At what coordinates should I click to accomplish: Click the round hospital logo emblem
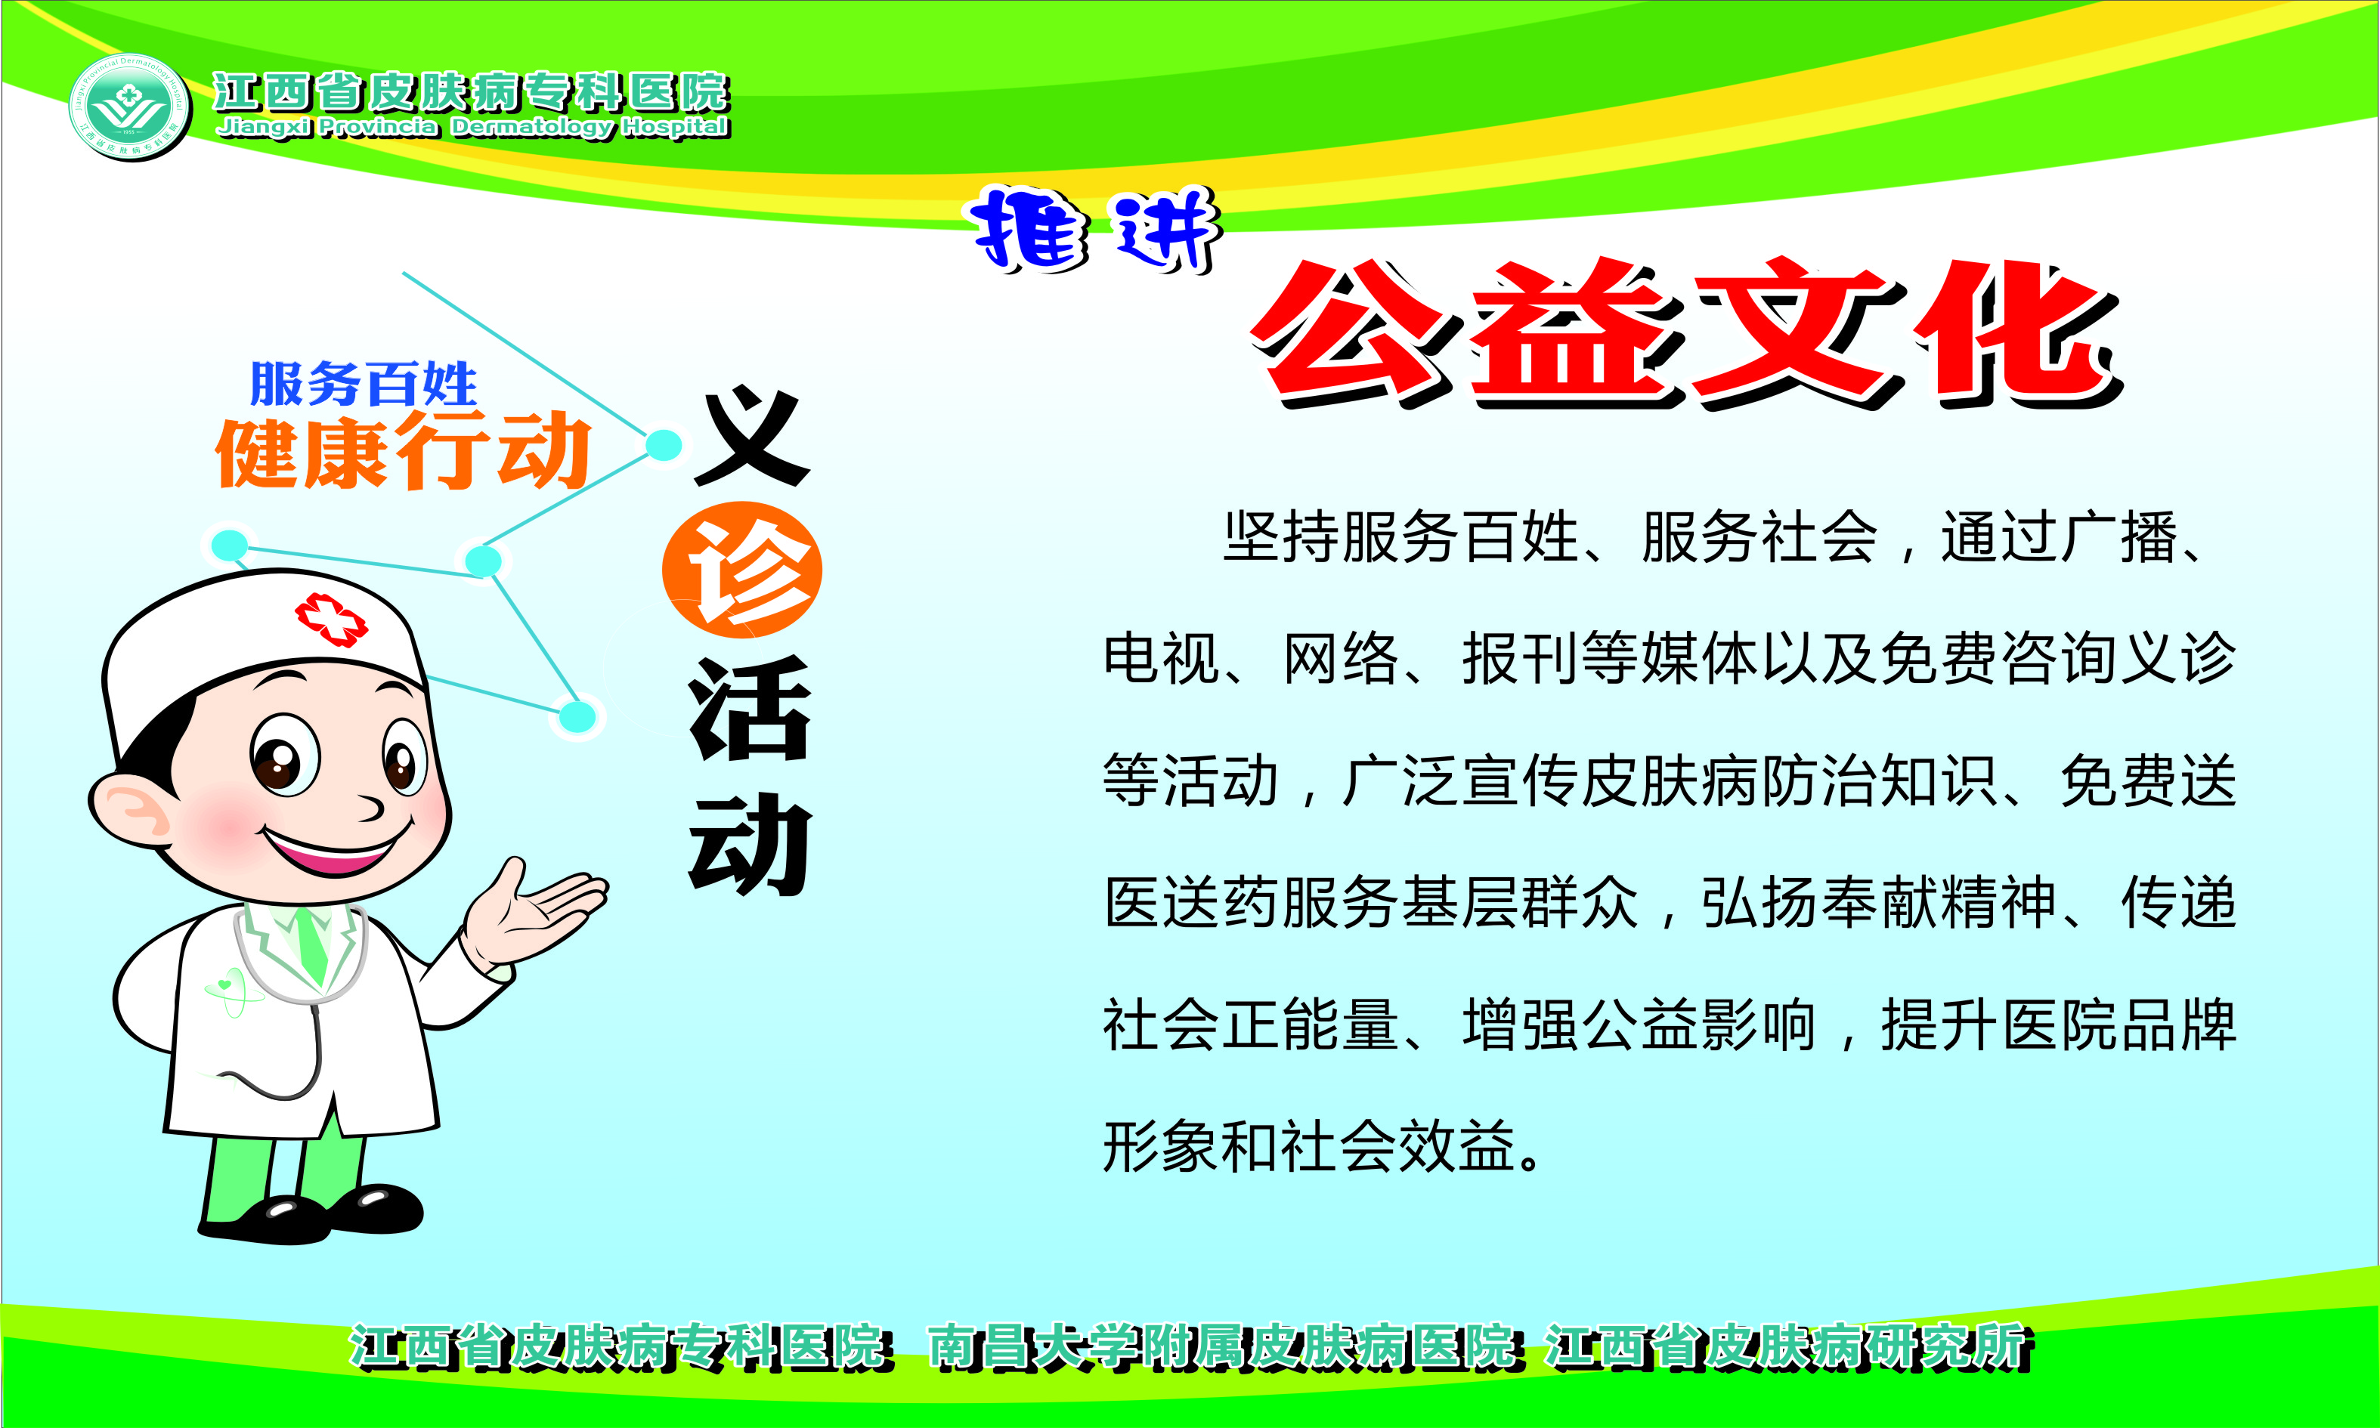[x=130, y=107]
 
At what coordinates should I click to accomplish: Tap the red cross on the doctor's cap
[x=331, y=619]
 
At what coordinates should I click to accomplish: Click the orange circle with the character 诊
[x=742, y=570]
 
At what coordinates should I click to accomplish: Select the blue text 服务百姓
[x=363, y=384]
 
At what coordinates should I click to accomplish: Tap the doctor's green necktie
[x=311, y=939]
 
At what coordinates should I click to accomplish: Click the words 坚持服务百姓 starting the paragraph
[x=1400, y=536]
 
